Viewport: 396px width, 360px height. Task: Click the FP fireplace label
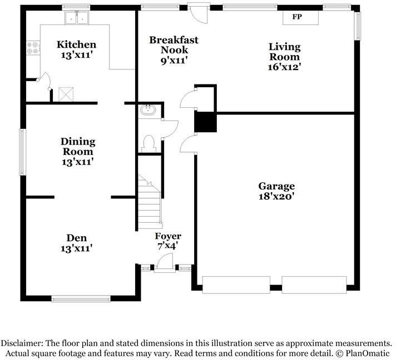tap(297, 17)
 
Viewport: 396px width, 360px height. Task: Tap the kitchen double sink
tap(77, 17)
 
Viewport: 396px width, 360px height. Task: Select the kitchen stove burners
tap(33, 48)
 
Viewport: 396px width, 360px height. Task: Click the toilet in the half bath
tap(148, 144)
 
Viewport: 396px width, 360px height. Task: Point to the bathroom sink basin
tap(148, 110)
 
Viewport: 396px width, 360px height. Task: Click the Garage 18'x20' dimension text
tap(276, 196)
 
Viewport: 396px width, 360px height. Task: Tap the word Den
tap(77, 238)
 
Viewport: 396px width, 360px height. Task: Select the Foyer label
tap(168, 236)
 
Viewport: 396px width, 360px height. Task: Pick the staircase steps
tap(150, 201)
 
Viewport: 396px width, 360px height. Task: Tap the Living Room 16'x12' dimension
tap(284, 67)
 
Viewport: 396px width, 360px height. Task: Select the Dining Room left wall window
tap(23, 152)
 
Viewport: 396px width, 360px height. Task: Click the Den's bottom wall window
tap(81, 299)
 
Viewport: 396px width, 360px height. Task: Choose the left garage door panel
tap(236, 285)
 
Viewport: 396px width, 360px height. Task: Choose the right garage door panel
tap(314, 285)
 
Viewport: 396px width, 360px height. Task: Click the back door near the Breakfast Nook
tap(199, 13)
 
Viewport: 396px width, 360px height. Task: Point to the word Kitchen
tap(77, 44)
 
